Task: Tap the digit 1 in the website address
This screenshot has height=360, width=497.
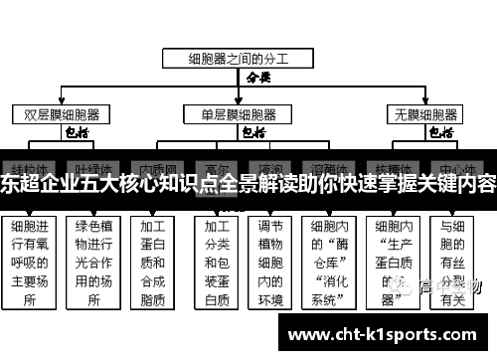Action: pyautogui.click(x=371, y=335)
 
